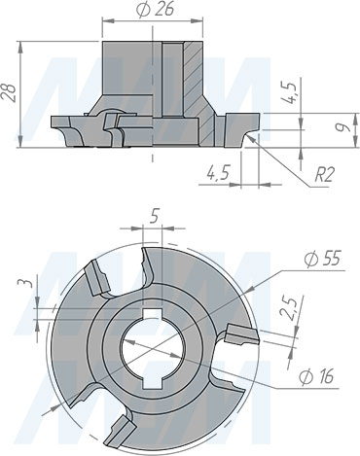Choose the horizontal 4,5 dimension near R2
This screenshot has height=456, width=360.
(x=218, y=173)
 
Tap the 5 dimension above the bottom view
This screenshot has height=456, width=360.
(x=155, y=219)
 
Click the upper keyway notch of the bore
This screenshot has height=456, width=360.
(x=155, y=311)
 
